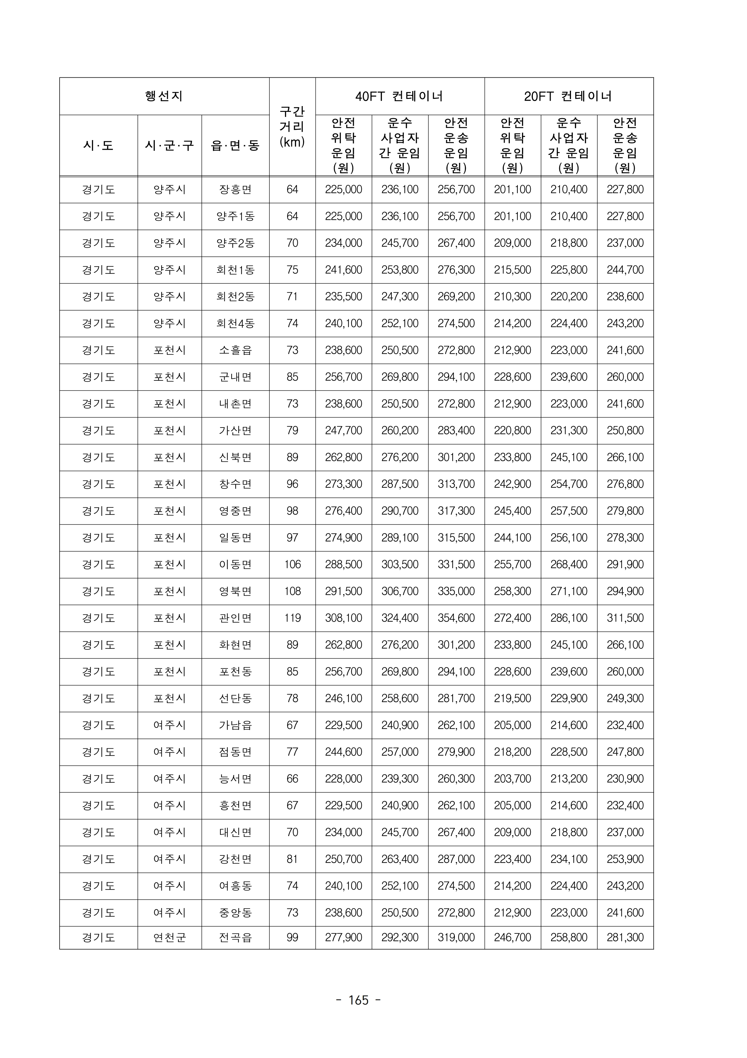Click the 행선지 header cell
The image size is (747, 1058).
pos(164,96)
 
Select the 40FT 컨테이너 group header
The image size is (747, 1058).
pos(400,96)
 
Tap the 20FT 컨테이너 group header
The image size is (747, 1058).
pos(568,96)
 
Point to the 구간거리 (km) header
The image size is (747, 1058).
pos(292,127)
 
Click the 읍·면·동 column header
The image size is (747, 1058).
pos(235,146)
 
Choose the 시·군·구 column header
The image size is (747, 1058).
pos(169,146)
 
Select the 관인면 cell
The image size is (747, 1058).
pos(235,618)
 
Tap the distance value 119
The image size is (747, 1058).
pos(292,618)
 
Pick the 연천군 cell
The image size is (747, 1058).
pos(169,938)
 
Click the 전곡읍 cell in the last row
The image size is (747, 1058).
pos(235,938)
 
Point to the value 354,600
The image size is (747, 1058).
pos(456,618)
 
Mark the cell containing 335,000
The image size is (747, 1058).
pos(456,591)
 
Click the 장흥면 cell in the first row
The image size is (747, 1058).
pos(235,189)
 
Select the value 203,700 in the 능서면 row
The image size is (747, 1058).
pos(512,779)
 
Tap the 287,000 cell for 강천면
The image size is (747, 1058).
pos(456,859)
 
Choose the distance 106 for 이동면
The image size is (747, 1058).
pos(292,565)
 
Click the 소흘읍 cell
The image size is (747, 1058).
pos(235,350)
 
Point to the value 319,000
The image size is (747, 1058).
pos(456,938)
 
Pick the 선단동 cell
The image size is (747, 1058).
pos(235,698)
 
